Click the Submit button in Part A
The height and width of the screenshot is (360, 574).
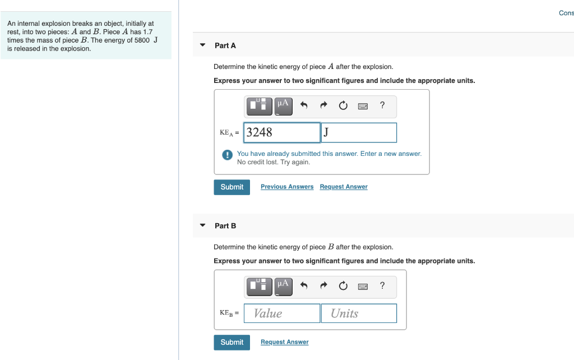pos(232,187)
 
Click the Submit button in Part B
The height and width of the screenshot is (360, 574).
pos(232,343)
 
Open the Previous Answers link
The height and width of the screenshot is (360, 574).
pos(287,187)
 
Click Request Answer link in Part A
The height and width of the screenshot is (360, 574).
pos(344,187)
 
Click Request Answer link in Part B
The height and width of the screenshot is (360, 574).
pos(284,342)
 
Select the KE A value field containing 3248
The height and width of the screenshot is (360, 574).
pos(282,133)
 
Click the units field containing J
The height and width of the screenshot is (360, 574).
pos(359,133)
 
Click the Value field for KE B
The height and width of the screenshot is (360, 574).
pos(282,313)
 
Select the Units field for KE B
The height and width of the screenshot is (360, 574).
pos(359,313)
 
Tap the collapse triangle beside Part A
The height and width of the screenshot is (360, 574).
pos(203,45)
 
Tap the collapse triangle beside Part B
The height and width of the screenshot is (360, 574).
pos(203,226)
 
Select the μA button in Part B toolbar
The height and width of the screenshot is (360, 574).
pos(283,286)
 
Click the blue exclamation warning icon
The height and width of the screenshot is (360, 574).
pos(227,155)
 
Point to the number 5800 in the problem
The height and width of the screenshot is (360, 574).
pos(141,40)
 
